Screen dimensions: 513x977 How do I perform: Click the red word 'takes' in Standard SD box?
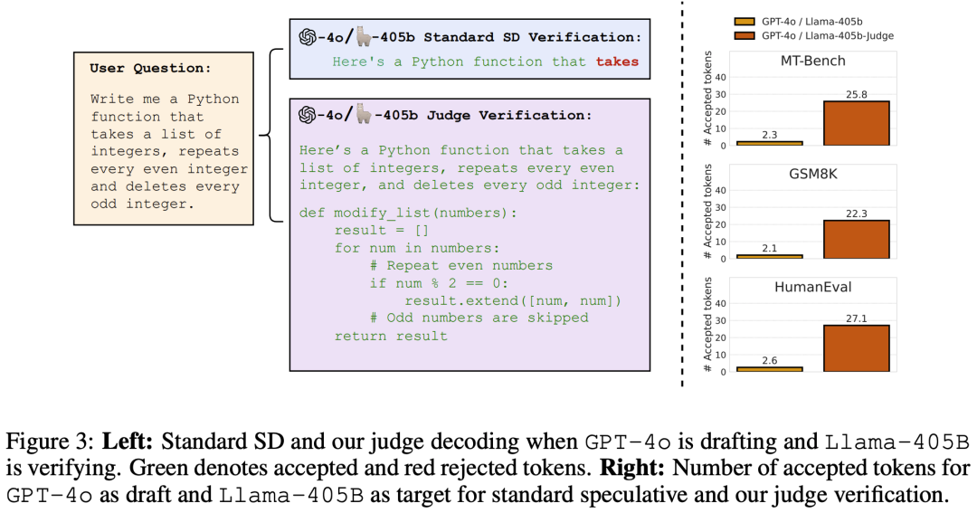coord(617,62)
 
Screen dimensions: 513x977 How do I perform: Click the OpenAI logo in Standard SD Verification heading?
coord(307,37)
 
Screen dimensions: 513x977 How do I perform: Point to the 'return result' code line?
coord(391,336)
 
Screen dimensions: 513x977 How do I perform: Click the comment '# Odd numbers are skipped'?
coord(479,318)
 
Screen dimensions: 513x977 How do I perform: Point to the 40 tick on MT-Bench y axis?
coord(721,77)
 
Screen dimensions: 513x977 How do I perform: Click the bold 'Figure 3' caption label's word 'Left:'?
coord(126,443)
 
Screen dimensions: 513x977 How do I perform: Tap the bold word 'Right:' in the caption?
coord(641,469)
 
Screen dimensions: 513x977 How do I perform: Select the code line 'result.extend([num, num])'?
coord(513,300)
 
